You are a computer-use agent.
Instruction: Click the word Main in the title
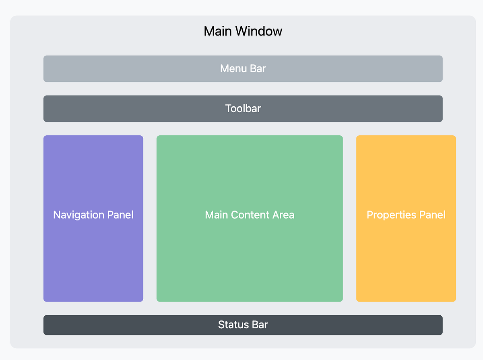pos(218,31)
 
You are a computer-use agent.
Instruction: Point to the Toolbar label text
pos(243,108)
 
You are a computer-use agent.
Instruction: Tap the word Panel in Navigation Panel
pos(120,215)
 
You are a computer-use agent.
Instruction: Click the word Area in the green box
pos(283,215)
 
